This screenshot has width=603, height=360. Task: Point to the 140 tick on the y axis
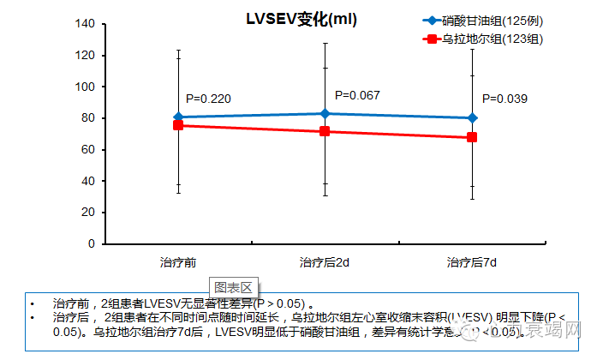[x=84, y=24]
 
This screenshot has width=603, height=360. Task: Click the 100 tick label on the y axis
[x=84, y=87]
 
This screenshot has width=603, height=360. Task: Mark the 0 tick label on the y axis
[x=90, y=244]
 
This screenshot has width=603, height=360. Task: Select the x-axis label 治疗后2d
[x=324, y=261]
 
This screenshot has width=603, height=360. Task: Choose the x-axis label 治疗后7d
[x=472, y=261]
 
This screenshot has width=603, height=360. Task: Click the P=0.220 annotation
[x=208, y=99]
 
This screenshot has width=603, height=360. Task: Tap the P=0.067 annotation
[x=357, y=95]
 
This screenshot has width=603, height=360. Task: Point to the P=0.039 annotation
[x=504, y=99]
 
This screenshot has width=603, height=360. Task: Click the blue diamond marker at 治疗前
[x=178, y=117]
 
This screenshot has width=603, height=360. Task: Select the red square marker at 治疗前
[x=178, y=125]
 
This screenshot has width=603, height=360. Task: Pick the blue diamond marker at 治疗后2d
[x=325, y=113]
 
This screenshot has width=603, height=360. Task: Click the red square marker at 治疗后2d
[x=325, y=131]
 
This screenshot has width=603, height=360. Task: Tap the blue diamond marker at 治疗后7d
[x=472, y=117]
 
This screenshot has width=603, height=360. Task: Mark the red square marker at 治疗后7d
[x=472, y=137]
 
